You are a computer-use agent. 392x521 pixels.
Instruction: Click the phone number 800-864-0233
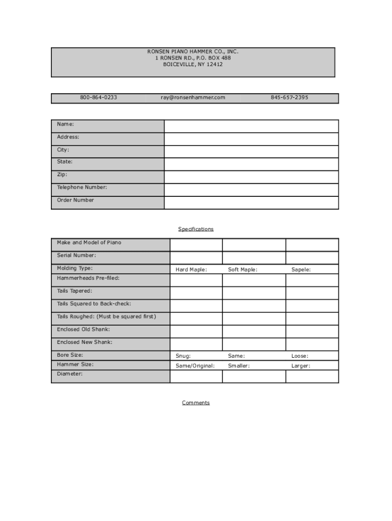[98, 97]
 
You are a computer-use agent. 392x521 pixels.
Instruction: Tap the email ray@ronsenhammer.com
[193, 97]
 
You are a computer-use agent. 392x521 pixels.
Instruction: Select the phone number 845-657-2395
[289, 97]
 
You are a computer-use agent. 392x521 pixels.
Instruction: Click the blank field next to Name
[251, 126]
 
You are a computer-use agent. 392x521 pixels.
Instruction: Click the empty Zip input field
[251, 177]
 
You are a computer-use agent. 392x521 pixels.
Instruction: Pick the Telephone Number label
[82, 187]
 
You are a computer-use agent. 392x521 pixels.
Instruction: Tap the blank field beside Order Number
[251, 202]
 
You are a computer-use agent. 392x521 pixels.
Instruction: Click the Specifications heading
[196, 229]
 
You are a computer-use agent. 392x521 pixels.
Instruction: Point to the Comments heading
[196, 402]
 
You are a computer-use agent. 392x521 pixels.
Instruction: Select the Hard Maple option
[191, 270]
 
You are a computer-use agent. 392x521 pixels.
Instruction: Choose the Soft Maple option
[243, 270]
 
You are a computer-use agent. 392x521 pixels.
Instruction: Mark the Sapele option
[301, 270]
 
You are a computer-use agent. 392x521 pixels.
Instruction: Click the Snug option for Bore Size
[183, 356]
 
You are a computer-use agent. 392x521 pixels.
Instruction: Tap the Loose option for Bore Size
[300, 356]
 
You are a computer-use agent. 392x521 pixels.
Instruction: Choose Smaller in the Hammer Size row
[239, 365]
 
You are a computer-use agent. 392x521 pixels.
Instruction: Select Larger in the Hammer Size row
[301, 365]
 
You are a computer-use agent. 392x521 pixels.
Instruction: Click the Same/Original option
[195, 365]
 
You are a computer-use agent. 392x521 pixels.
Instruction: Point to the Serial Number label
[76, 255]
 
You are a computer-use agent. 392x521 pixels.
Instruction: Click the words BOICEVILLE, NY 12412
[193, 65]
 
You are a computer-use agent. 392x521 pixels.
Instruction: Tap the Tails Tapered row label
[74, 291]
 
